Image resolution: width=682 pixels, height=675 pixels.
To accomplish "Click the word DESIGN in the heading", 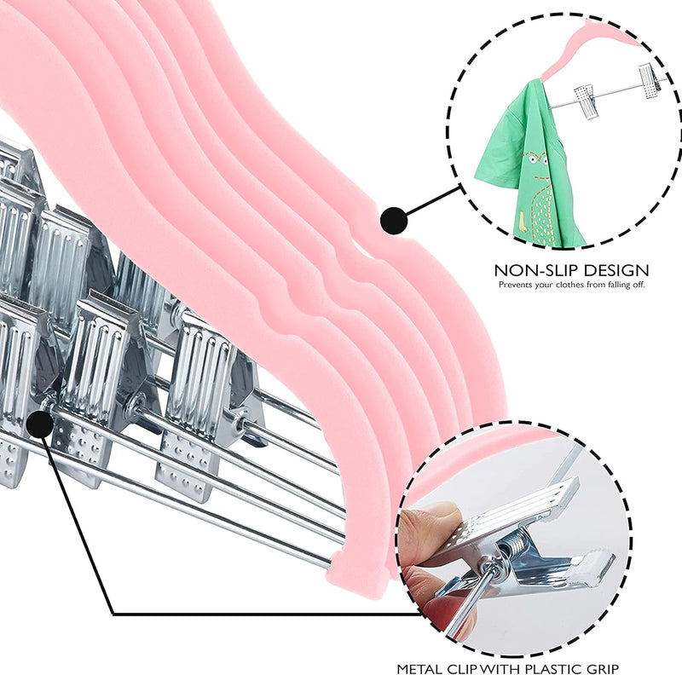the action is [616, 270].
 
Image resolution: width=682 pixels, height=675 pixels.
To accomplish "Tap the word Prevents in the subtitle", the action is [513, 285].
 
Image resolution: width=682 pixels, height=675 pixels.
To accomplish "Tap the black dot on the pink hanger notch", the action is [394, 221].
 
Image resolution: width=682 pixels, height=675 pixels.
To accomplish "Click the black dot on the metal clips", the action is [40, 424].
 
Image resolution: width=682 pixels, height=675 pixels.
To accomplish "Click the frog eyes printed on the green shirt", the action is [533, 158].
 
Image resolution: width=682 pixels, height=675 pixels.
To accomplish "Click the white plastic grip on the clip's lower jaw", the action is [592, 565].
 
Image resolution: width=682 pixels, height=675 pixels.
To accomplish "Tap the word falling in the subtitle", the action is [614, 285].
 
